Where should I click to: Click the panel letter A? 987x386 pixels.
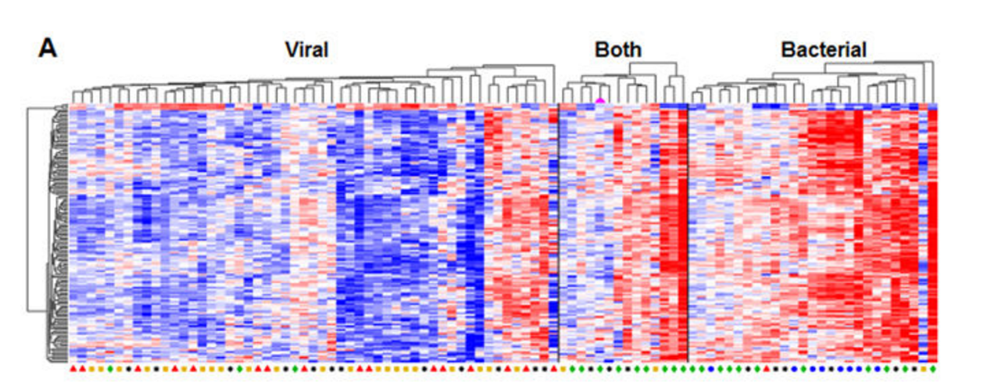click(48, 49)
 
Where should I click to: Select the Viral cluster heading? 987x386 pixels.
click(306, 51)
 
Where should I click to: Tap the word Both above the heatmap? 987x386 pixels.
click(618, 51)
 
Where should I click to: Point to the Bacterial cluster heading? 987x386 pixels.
click(824, 51)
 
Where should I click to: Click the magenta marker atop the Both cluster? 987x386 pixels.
click(600, 100)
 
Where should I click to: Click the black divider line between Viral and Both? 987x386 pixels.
click(559, 234)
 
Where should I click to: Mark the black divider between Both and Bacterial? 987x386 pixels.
click(688, 234)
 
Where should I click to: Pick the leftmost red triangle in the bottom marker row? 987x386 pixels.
click(73, 368)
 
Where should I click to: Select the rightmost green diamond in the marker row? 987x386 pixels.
click(933, 368)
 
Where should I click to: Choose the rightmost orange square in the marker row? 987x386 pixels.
click(924, 368)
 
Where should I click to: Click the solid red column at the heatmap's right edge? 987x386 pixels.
click(932, 234)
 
